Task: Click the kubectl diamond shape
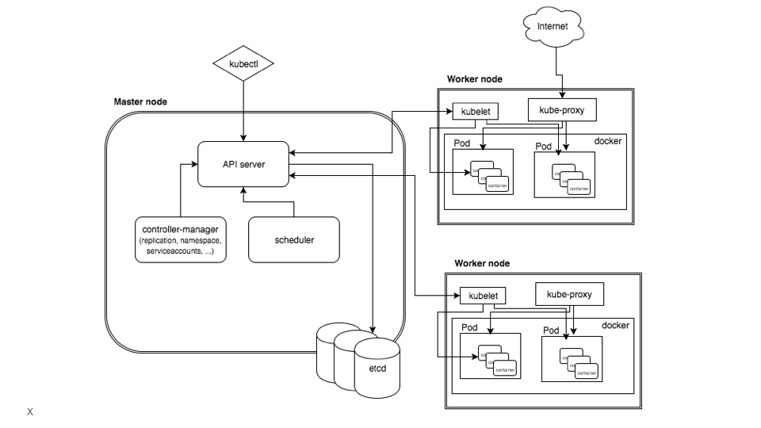[243, 64]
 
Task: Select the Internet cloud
[553, 27]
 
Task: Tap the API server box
[243, 164]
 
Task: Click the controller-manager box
[180, 239]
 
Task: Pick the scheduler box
[294, 239]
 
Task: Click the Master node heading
[140, 101]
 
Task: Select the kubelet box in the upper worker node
[475, 112]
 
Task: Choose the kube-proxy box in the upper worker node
[561, 110]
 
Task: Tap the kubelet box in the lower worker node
[483, 296]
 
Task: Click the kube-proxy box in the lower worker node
[569, 294]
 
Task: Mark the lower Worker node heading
[482, 263]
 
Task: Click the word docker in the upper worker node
[608, 141]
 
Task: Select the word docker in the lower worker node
[615, 325]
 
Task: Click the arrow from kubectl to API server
[243, 111]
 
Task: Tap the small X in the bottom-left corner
[30, 412]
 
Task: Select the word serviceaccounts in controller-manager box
[168, 250]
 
